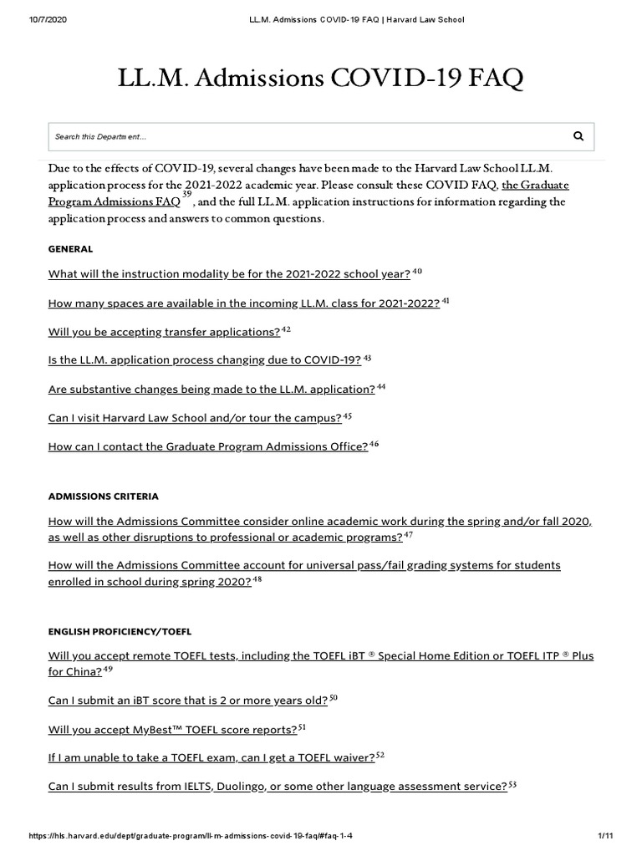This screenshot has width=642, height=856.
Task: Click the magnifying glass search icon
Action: point(578,135)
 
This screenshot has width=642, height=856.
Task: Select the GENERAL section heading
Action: point(70,249)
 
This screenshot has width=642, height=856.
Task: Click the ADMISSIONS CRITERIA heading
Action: point(104,497)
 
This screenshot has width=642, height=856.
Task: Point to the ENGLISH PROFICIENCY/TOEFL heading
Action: point(120,631)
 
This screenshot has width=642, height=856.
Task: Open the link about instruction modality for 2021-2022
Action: point(229,274)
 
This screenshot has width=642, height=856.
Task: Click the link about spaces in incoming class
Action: point(243,303)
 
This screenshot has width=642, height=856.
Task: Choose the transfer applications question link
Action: point(164,332)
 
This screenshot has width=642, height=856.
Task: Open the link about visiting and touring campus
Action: point(195,418)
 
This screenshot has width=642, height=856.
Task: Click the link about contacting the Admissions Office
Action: point(208,446)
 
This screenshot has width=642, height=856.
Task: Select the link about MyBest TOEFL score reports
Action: point(173,729)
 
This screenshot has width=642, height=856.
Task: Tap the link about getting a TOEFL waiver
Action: point(211,757)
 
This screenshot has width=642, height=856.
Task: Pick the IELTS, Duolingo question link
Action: point(278,787)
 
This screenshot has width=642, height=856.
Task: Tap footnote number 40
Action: point(418,272)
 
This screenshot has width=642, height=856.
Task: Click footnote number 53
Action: point(512,784)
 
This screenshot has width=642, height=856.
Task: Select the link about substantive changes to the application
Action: point(211,390)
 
